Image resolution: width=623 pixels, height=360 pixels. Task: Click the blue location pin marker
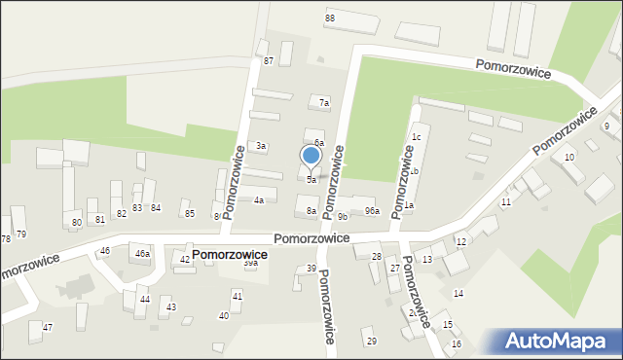tap(311, 156)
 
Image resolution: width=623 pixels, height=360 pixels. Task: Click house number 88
tap(330, 18)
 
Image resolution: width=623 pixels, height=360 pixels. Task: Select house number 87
tap(269, 61)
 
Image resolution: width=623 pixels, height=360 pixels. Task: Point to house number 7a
tap(324, 102)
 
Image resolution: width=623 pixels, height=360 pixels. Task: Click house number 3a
tap(261, 146)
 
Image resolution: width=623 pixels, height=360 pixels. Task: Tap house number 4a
tap(259, 200)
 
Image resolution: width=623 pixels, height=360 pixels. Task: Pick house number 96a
tap(372, 211)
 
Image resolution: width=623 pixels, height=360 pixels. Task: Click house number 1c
tap(416, 137)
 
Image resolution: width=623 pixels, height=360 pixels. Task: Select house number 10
tap(569, 157)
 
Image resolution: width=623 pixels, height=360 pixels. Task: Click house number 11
tap(505, 201)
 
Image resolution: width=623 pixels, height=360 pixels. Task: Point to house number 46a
tap(142, 254)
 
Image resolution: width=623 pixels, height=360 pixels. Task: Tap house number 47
tap(47, 327)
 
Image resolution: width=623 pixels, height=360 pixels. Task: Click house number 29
tap(371, 341)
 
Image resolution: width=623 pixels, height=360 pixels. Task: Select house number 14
tap(458, 293)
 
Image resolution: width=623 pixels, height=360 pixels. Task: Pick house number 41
tap(237, 295)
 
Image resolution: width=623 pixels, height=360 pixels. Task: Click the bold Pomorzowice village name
tap(230, 255)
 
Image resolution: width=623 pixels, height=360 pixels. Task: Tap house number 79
tap(20, 234)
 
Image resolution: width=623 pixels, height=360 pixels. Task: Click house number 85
tap(190, 214)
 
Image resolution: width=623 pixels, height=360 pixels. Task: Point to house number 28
tap(376, 256)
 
